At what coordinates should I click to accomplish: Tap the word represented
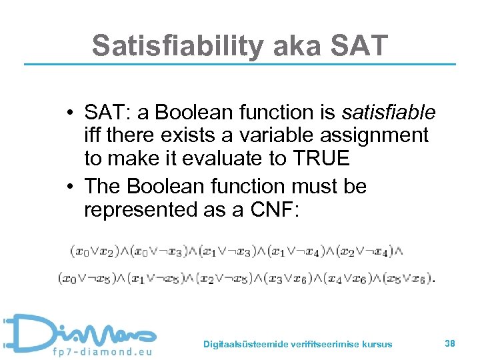(x=139, y=209)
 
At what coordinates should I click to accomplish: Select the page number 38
(x=450, y=343)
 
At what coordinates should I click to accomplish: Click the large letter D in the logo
(x=27, y=333)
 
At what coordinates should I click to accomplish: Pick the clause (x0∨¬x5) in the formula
(x=87, y=277)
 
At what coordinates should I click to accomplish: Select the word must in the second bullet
(x=305, y=186)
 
